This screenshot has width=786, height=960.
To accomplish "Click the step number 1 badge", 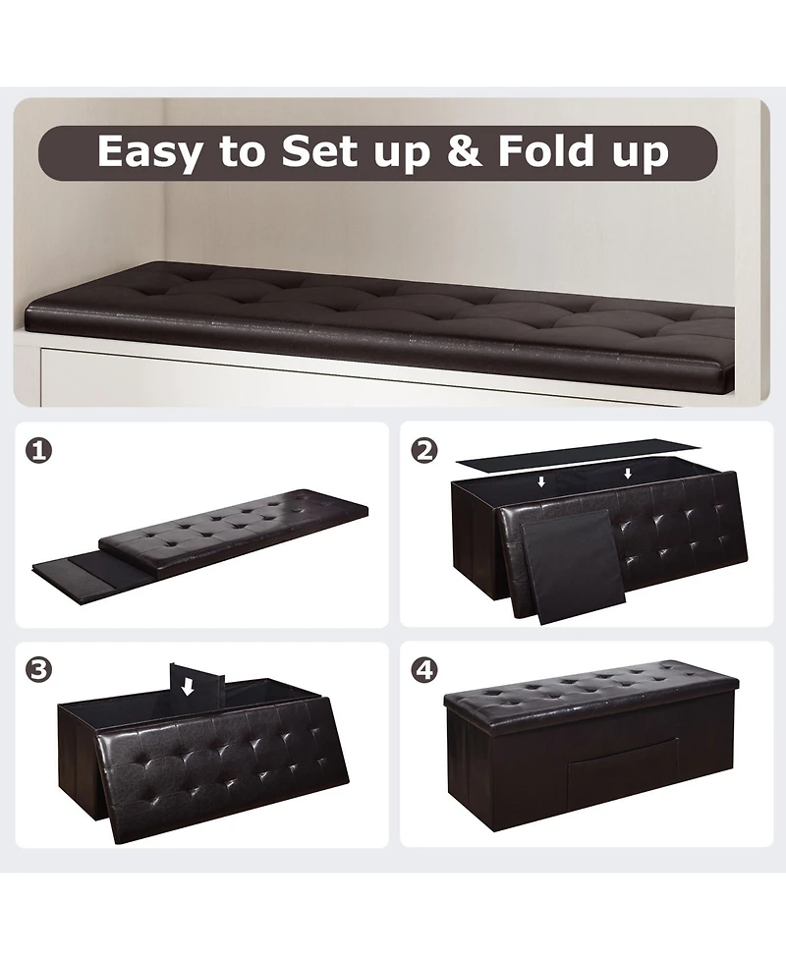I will (39, 451).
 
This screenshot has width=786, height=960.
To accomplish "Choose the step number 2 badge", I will (424, 451).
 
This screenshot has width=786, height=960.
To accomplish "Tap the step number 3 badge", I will (39, 671).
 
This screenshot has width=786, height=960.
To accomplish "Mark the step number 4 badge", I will (424, 671).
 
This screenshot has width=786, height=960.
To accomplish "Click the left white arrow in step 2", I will (541, 482).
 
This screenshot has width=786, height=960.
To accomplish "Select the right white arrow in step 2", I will (628, 474).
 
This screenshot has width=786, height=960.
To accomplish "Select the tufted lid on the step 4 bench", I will (589, 685).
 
